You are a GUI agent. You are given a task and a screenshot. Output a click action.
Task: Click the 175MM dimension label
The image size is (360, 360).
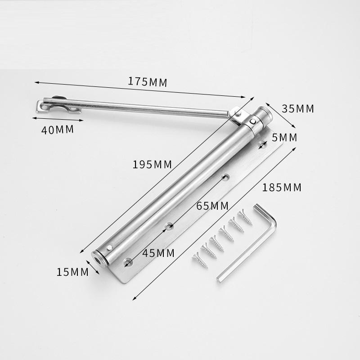pyautogui.click(x=148, y=82)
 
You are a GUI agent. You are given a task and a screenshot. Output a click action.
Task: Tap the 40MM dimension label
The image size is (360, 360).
pyautogui.click(x=58, y=130)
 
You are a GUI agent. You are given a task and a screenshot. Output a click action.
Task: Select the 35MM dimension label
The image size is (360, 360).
pyautogui.click(x=298, y=108)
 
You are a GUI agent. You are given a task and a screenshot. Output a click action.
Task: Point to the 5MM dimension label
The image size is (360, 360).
pyautogui.click(x=284, y=138)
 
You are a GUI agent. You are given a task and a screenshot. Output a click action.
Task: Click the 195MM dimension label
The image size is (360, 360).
pyautogui.click(x=152, y=164)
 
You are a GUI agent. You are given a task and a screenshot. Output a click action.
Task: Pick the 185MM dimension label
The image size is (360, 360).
pyautogui.click(x=282, y=188)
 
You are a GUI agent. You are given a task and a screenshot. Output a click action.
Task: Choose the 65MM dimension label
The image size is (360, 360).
pyautogui.click(x=212, y=206)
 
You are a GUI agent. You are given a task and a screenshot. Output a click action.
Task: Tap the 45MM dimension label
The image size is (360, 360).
pyautogui.click(x=158, y=253)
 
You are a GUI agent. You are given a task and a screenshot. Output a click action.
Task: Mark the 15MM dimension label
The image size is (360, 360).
pyautogui.click(x=72, y=272)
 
